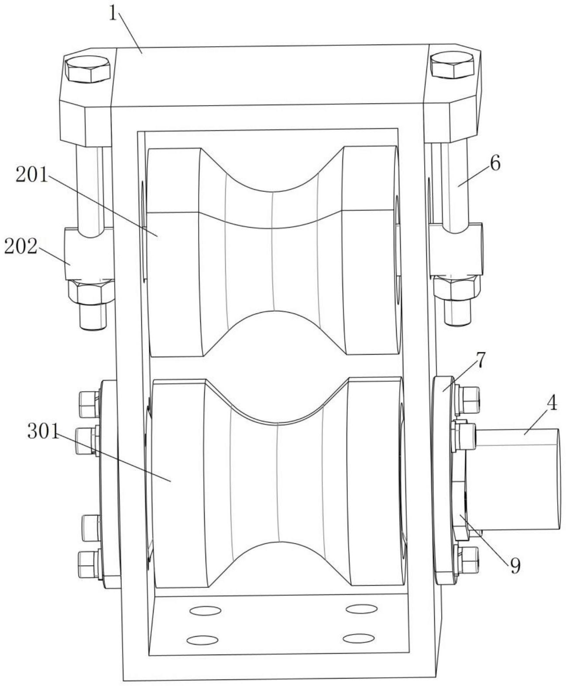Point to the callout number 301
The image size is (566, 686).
click(43, 431)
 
